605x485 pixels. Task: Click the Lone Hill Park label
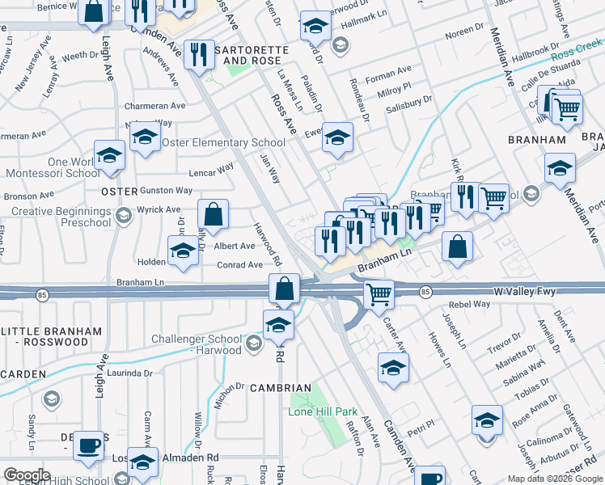(323, 411)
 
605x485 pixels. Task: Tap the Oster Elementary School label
(224, 143)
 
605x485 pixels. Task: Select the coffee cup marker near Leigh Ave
(89, 445)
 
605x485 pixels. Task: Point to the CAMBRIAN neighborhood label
(281, 388)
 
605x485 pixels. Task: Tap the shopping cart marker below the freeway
(378, 294)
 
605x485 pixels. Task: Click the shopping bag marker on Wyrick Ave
(213, 215)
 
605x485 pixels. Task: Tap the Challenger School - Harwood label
(197, 344)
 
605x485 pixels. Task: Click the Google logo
(26, 475)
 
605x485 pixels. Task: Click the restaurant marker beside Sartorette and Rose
(198, 55)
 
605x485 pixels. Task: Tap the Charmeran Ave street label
(154, 106)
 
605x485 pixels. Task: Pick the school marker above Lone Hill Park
(278, 325)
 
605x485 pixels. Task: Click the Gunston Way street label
(166, 191)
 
